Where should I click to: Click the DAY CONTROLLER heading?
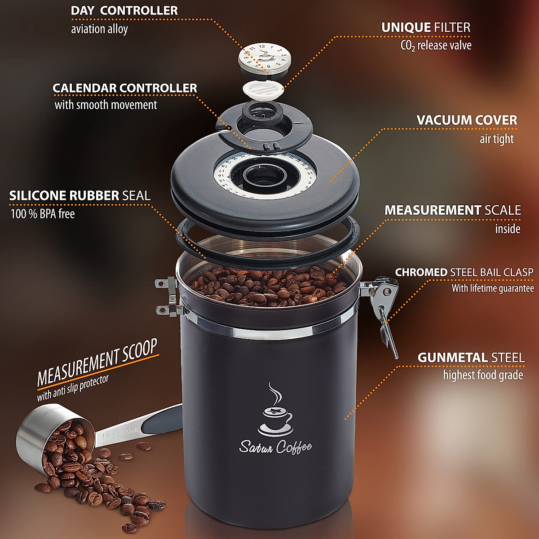tap(124, 11)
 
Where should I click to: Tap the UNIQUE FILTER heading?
tap(426, 27)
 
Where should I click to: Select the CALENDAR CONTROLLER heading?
tap(125, 88)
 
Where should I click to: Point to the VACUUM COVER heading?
tap(467, 120)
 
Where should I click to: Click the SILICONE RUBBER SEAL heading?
tap(80, 196)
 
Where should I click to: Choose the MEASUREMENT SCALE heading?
tap(452, 210)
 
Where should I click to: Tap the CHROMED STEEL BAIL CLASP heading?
tap(464, 272)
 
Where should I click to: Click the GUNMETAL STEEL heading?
tap(471, 358)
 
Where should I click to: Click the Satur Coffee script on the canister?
tap(275, 447)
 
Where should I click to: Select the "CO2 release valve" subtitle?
tap(436, 45)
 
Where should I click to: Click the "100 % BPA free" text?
tap(43, 214)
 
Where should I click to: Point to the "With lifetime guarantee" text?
tap(493, 288)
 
